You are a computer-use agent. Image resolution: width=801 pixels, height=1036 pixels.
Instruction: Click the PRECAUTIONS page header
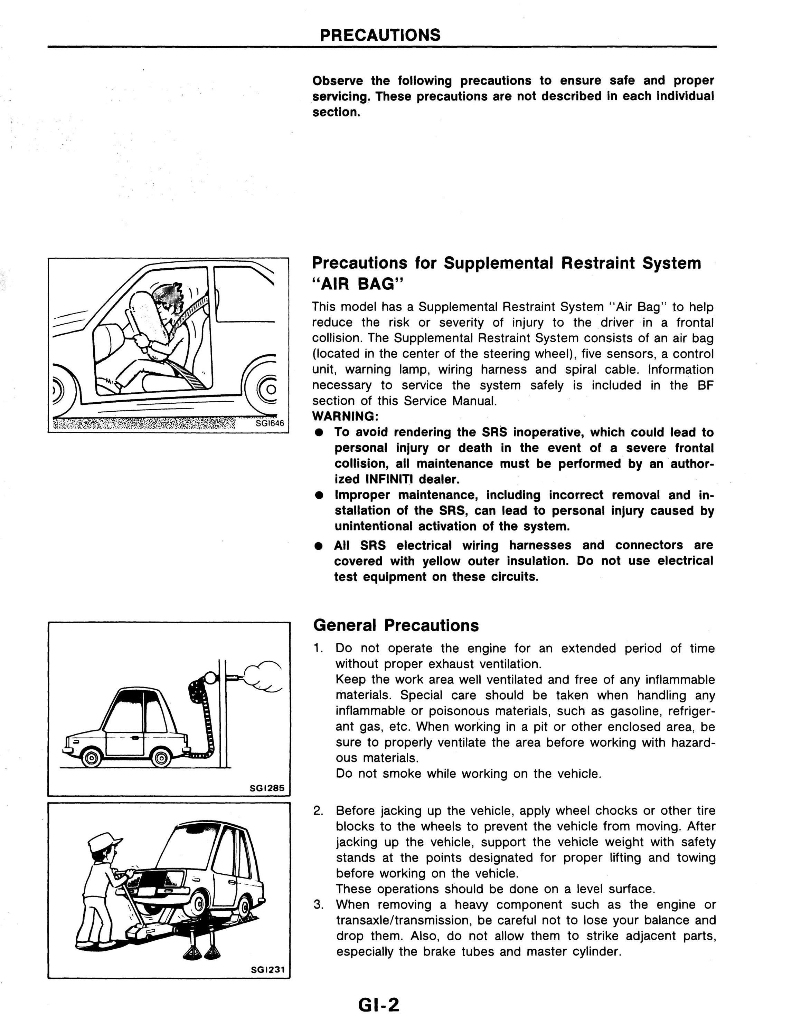[380, 35]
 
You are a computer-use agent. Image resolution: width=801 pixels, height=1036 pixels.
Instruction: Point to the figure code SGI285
[267, 788]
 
